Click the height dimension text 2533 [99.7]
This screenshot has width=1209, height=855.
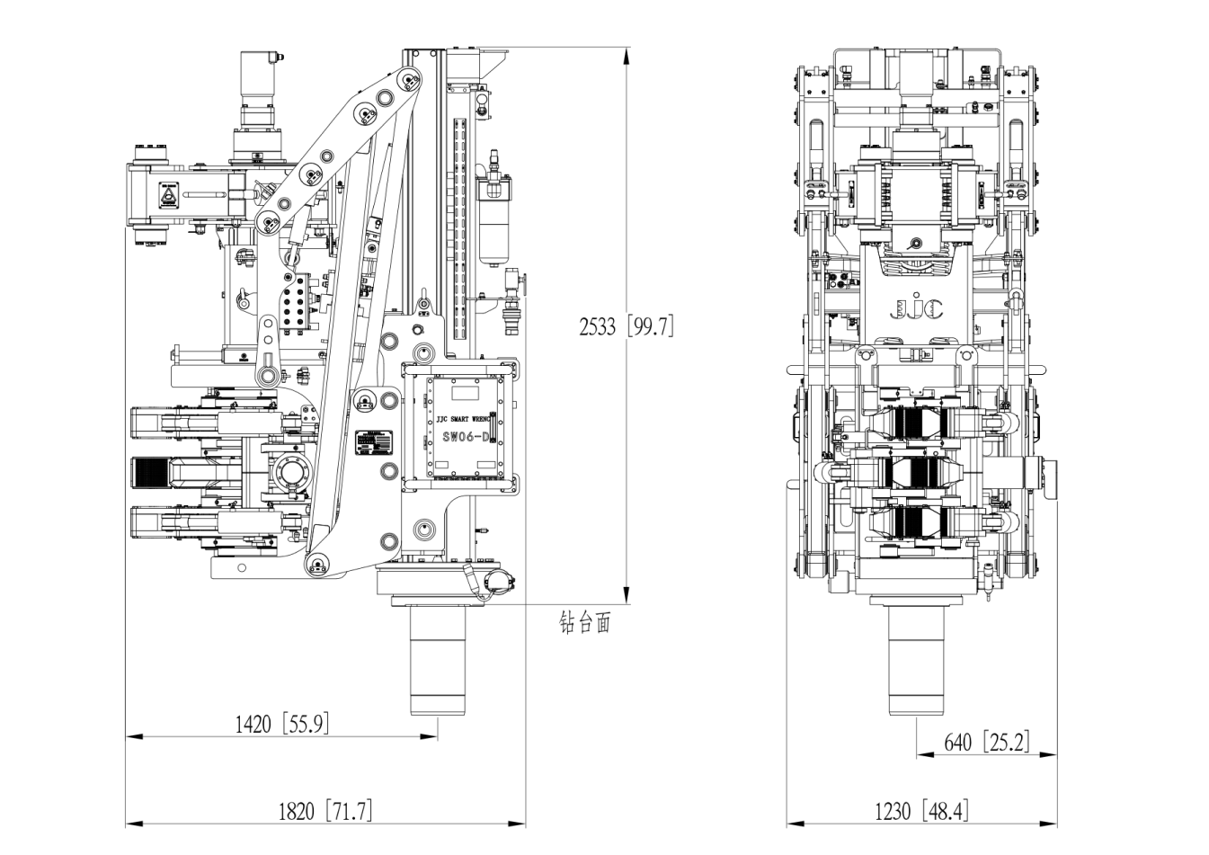pos(626,326)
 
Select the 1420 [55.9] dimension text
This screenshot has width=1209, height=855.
pos(281,724)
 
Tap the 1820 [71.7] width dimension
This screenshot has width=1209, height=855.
pos(325,811)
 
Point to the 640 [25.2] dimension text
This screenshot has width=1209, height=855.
pos(986,743)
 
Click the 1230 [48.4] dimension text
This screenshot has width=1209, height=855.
pos(921,811)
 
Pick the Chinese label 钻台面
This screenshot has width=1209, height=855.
pos(584,623)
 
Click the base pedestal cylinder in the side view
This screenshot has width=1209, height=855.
pos(437,661)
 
